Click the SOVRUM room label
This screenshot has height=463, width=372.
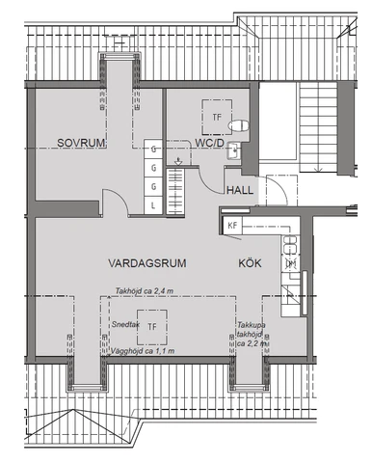81,143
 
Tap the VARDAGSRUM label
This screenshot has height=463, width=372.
147,263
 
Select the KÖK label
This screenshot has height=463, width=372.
250,263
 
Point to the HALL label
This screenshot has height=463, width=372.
240,190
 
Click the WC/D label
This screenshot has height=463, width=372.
210,143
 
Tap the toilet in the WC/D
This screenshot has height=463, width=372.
239,125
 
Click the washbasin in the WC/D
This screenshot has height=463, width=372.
233,151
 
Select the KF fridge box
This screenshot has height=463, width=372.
232,225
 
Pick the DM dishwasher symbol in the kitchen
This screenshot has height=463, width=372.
291,264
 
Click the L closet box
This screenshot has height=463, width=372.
153,205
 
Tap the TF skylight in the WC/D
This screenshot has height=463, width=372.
217,117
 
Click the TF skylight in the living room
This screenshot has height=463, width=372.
152,327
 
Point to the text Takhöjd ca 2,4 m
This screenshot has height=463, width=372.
145,291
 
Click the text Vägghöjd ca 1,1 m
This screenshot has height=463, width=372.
143,351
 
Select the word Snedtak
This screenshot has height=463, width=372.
125,325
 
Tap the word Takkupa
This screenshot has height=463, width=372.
252,325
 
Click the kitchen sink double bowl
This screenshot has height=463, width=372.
291,245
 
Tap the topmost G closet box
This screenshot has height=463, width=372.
153,149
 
